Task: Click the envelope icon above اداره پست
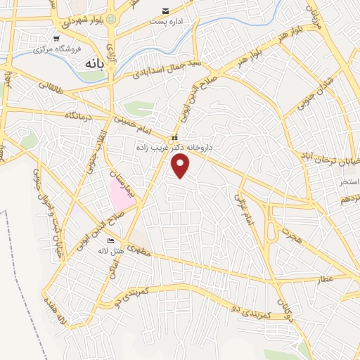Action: click(165, 11)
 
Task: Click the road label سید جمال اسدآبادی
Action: click(160, 67)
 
